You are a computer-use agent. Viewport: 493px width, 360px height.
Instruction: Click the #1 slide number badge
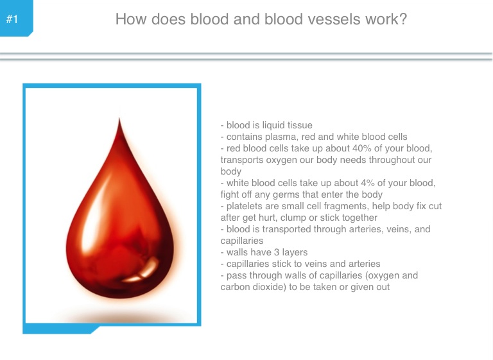click(x=16, y=18)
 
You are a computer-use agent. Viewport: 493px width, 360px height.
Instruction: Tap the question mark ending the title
click(x=403, y=19)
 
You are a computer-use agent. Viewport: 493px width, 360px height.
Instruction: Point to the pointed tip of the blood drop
click(x=119, y=118)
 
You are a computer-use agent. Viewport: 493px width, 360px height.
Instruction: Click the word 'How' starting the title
click(x=130, y=19)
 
